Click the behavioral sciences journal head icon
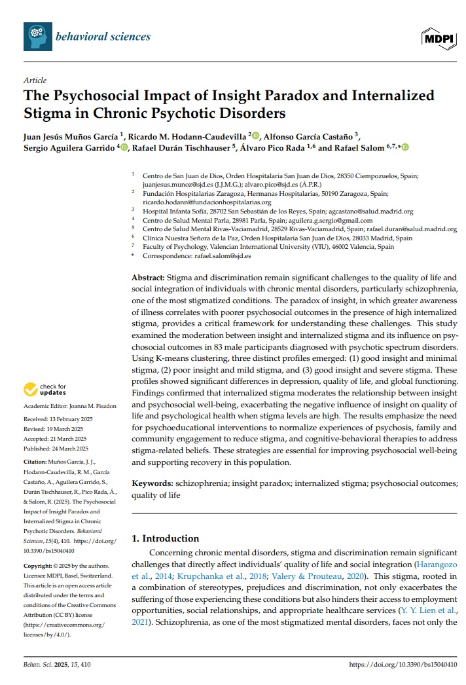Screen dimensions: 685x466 pos(38,36)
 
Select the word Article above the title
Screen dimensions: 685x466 pos(35,81)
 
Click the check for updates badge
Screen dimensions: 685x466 pos(45,390)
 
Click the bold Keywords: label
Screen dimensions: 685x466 pos(152,483)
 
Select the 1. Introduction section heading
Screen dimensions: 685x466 pos(166,538)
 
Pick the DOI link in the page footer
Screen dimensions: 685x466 pos(403,665)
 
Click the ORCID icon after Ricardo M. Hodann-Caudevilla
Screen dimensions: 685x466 pos(256,136)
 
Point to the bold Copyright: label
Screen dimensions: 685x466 pos(37,565)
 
